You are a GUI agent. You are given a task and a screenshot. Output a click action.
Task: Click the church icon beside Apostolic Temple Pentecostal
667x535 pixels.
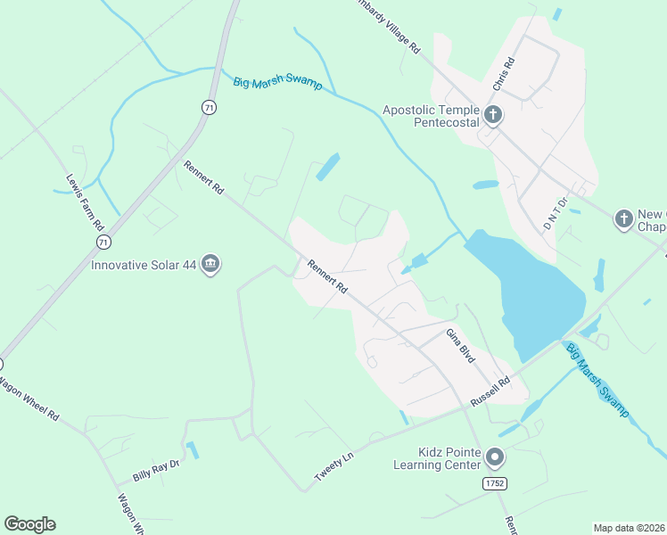point(493,115)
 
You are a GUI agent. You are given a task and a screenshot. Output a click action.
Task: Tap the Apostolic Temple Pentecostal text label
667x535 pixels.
point(432,116)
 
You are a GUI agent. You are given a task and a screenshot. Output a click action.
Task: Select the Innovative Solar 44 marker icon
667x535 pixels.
point(211,264)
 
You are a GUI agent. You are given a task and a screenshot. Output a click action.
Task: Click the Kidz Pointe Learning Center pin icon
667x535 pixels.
point(497,458)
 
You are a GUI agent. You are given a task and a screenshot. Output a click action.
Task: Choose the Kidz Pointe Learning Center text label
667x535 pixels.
point(437,458)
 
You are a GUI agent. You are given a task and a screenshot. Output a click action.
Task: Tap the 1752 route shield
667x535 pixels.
point(495,483)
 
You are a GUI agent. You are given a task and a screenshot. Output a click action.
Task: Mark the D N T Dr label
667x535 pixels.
point(556,213)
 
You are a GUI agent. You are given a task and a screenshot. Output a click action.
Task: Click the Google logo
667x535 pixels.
point(29,524)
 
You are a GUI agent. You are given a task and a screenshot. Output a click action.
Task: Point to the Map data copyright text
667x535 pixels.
point(629,528)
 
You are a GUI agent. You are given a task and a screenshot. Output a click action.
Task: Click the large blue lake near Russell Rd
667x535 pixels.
point(531,294)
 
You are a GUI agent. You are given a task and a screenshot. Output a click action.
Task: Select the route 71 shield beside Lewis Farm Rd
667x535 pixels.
point(104,242)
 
